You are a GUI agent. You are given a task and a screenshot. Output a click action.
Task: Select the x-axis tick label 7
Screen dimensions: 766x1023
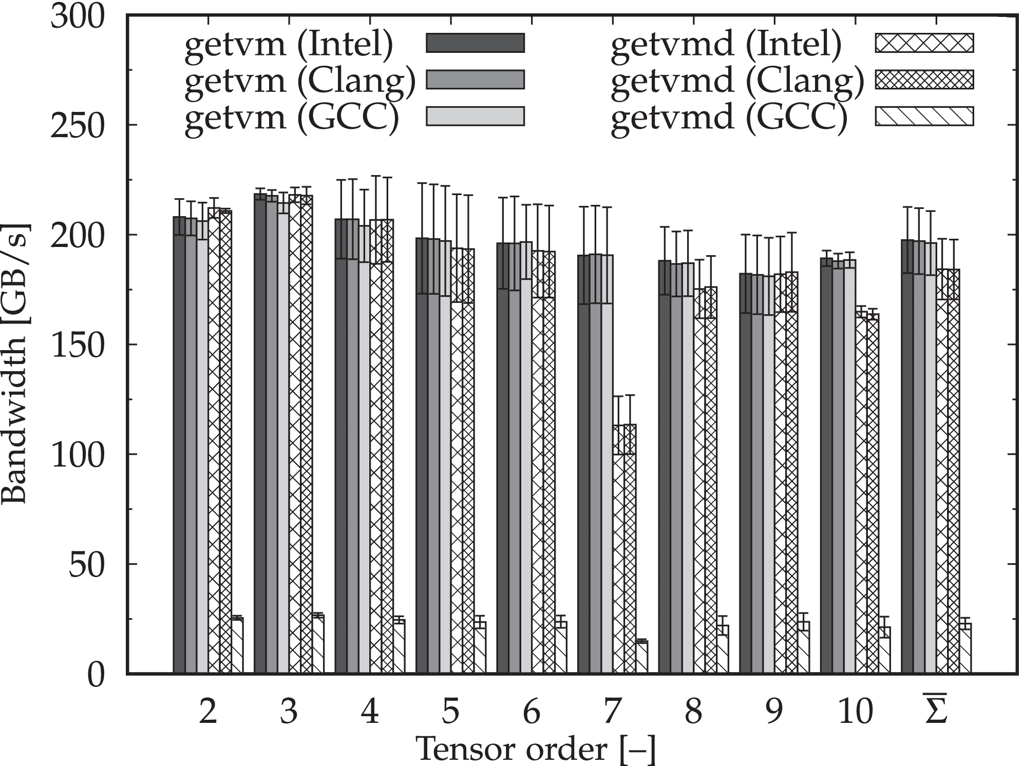click(612, 712)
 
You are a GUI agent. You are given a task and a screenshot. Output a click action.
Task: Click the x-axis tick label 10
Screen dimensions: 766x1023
click(855, 712)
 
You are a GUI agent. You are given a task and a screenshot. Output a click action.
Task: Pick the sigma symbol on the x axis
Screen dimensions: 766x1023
click(936, 710)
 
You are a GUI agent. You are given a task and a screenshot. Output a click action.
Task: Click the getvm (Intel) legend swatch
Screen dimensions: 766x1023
click(475, 43)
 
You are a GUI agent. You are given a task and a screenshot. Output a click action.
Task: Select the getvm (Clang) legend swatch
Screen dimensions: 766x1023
click(475, 80)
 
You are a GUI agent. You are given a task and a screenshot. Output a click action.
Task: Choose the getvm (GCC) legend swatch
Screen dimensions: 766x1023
click(475, 116)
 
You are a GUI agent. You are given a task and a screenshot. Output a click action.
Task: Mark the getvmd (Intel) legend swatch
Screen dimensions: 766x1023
click(923, 43)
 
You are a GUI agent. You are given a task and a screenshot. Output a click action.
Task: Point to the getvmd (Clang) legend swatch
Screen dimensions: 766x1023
click(923, 80)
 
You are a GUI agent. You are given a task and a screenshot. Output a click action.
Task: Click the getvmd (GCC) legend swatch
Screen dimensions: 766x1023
click(923, 116)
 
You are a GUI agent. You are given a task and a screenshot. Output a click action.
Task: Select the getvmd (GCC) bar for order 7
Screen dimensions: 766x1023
click(641, 657)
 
